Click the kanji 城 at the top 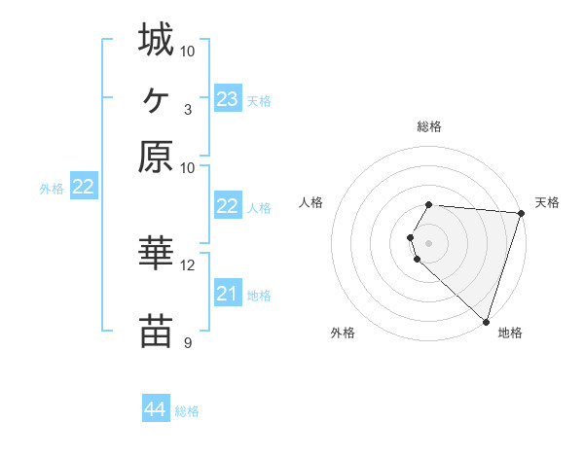coord(156,40)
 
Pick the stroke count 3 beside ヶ coord(187,108)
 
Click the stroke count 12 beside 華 coord(188,264)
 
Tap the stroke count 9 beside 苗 coord(187,342)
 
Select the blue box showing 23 coord(227,99)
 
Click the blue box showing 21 coord(227,294)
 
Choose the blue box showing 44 coord(156,409)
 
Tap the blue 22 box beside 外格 coord(83,187)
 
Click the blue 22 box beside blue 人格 coord(227,206)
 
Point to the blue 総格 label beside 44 coord(187,411)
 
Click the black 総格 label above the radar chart coord(429,126)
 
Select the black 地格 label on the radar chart coord(510,334)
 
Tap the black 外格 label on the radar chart coord(343,334)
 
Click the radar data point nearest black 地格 coord(486,321)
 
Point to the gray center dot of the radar coord(429,242)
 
